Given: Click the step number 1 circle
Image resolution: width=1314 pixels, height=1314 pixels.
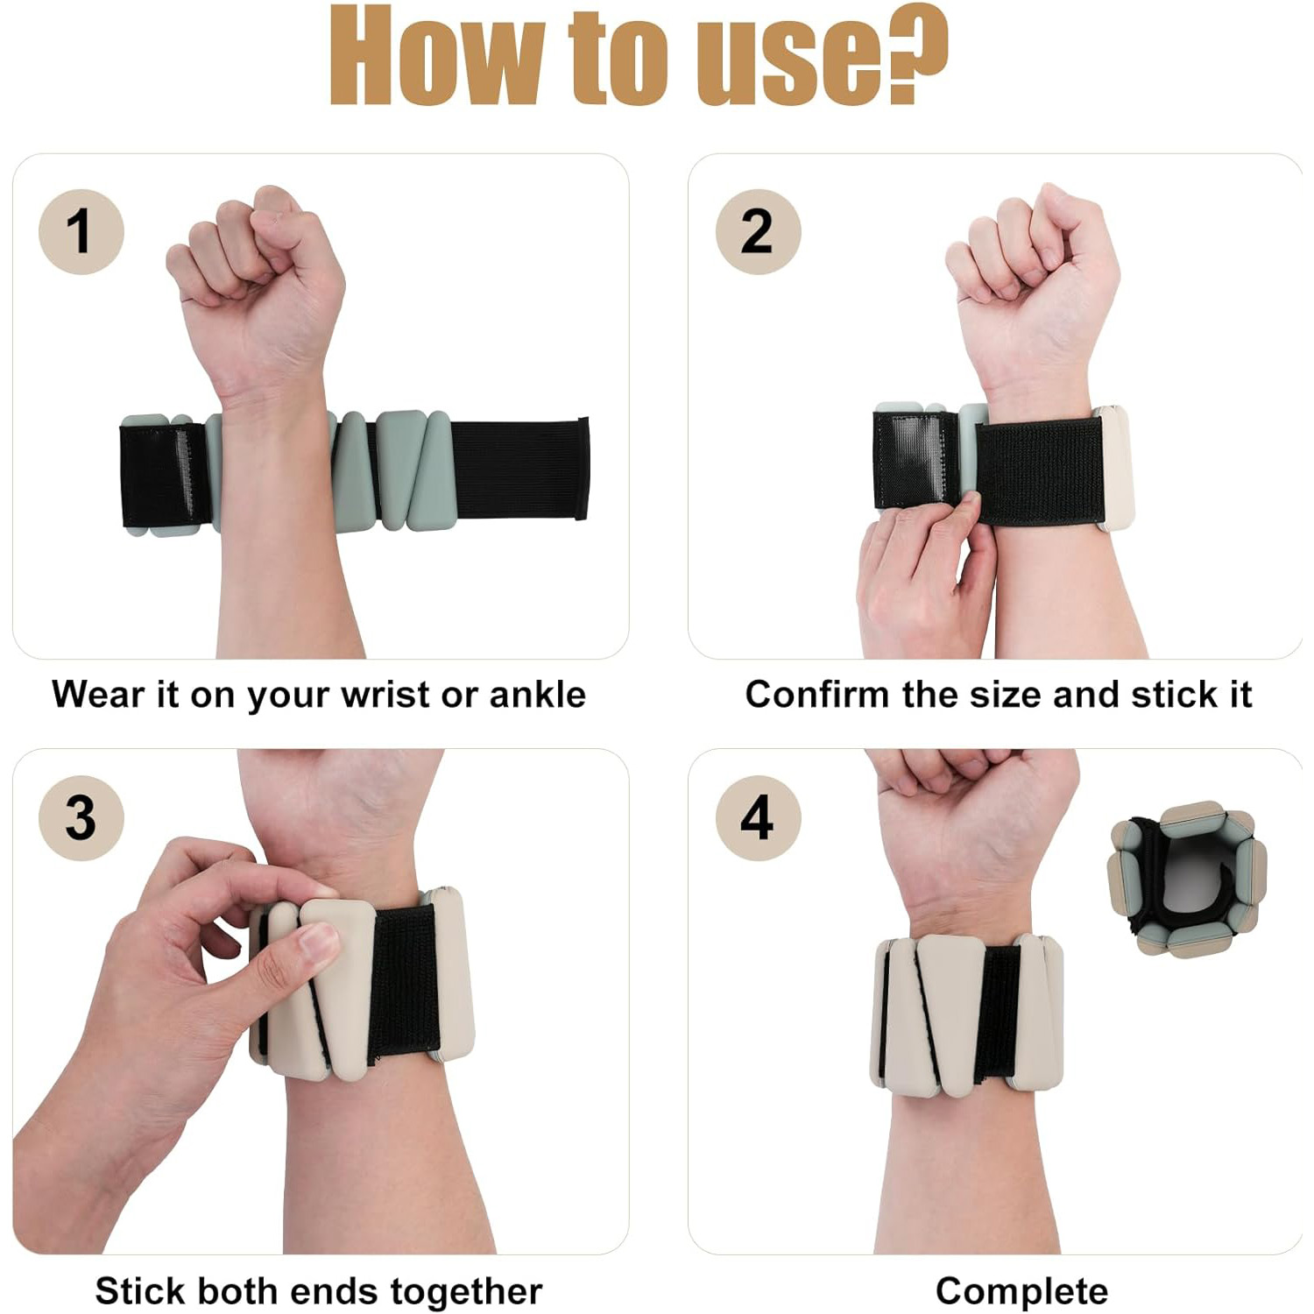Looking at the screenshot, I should (x=81, y=232).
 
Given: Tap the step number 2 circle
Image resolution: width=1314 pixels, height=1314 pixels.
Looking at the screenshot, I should (x=758, y=232).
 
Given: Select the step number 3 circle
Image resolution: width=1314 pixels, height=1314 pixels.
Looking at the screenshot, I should (x=81, y=818).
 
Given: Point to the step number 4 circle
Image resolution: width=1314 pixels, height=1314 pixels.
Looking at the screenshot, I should (x=758, y=818).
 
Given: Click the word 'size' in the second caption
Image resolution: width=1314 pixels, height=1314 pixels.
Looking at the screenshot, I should (x=1005, y=695).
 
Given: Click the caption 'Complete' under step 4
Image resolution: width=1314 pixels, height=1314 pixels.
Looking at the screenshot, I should (x=1021, y=1291).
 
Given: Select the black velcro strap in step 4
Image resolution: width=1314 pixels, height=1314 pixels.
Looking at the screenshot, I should (x=998, y=1013).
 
